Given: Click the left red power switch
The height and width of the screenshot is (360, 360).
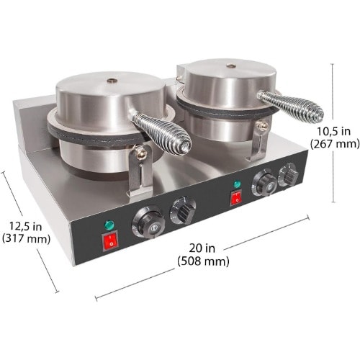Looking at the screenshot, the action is point(110,240).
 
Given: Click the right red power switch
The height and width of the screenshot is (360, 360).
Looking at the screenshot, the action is point(235,198).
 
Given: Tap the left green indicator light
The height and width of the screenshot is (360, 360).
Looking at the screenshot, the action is point(109,225).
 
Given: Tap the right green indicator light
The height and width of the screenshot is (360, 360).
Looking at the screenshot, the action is point(237,184).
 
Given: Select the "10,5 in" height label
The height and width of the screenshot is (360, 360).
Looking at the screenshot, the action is point(334,131).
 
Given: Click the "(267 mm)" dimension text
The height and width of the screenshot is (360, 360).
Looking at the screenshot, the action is point(335,144).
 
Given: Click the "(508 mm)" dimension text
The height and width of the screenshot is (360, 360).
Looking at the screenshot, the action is point(203,261).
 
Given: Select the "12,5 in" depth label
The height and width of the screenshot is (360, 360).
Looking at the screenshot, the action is point(25,226).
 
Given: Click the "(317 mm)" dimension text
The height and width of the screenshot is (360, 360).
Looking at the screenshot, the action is point(26,239).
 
